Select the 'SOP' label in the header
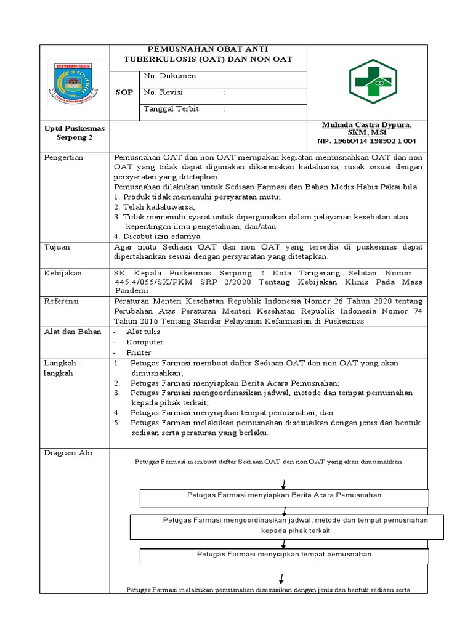pyautogui.click(x=124, y=92)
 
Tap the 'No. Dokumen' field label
pyautogui.click(x=169, y=76)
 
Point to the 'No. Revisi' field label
pyautogui.click(x=164, y=92)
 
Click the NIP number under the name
pyautogui.click(x=366, y=141)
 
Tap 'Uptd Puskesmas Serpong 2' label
pyautogui.click(x=75, y=133)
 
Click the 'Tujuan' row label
pyautogui.click(x=57, y=246)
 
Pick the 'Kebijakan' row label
pyautogui.click(x=62, y=272)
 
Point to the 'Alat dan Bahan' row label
pyautogui.click(x=72, y=332)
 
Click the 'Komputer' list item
pyautogui.click(x=145, y=342)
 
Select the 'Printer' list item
pyautogui.click(x=139, y=352)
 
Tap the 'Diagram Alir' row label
pyautogui.click(x=68, y=453)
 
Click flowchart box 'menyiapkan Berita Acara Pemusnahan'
pyautogui.click(x=284, y=495)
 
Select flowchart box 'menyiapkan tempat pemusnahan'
pyautogui.click(x=284, y=555)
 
